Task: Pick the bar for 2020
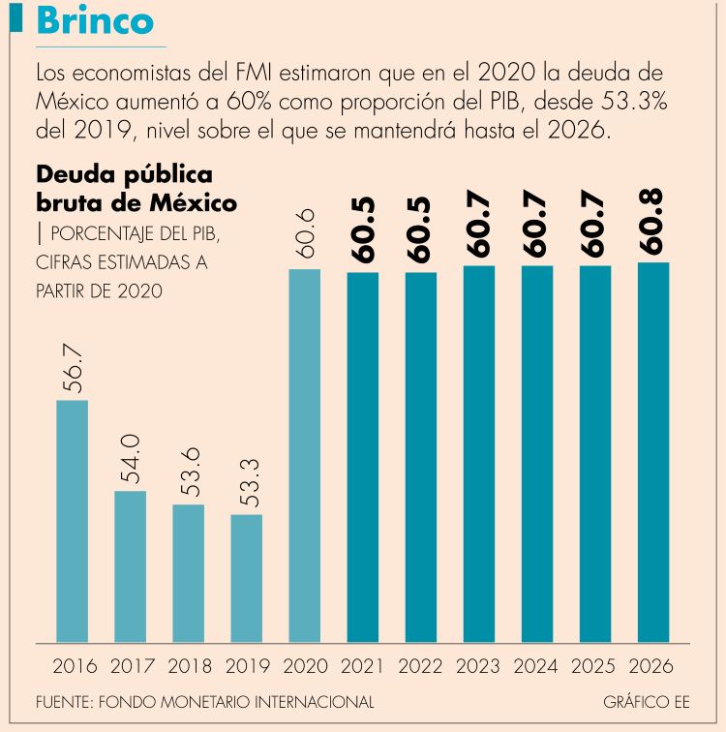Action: click(x=305, y=454)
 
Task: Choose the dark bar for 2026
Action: click(x=653, y=451)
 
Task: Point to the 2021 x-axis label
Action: click(x=363, y=667)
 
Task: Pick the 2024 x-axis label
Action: click(x=537, y=667)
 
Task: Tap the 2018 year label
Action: click(x=189, y=667)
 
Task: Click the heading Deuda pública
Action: click(x=124, y=175)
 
